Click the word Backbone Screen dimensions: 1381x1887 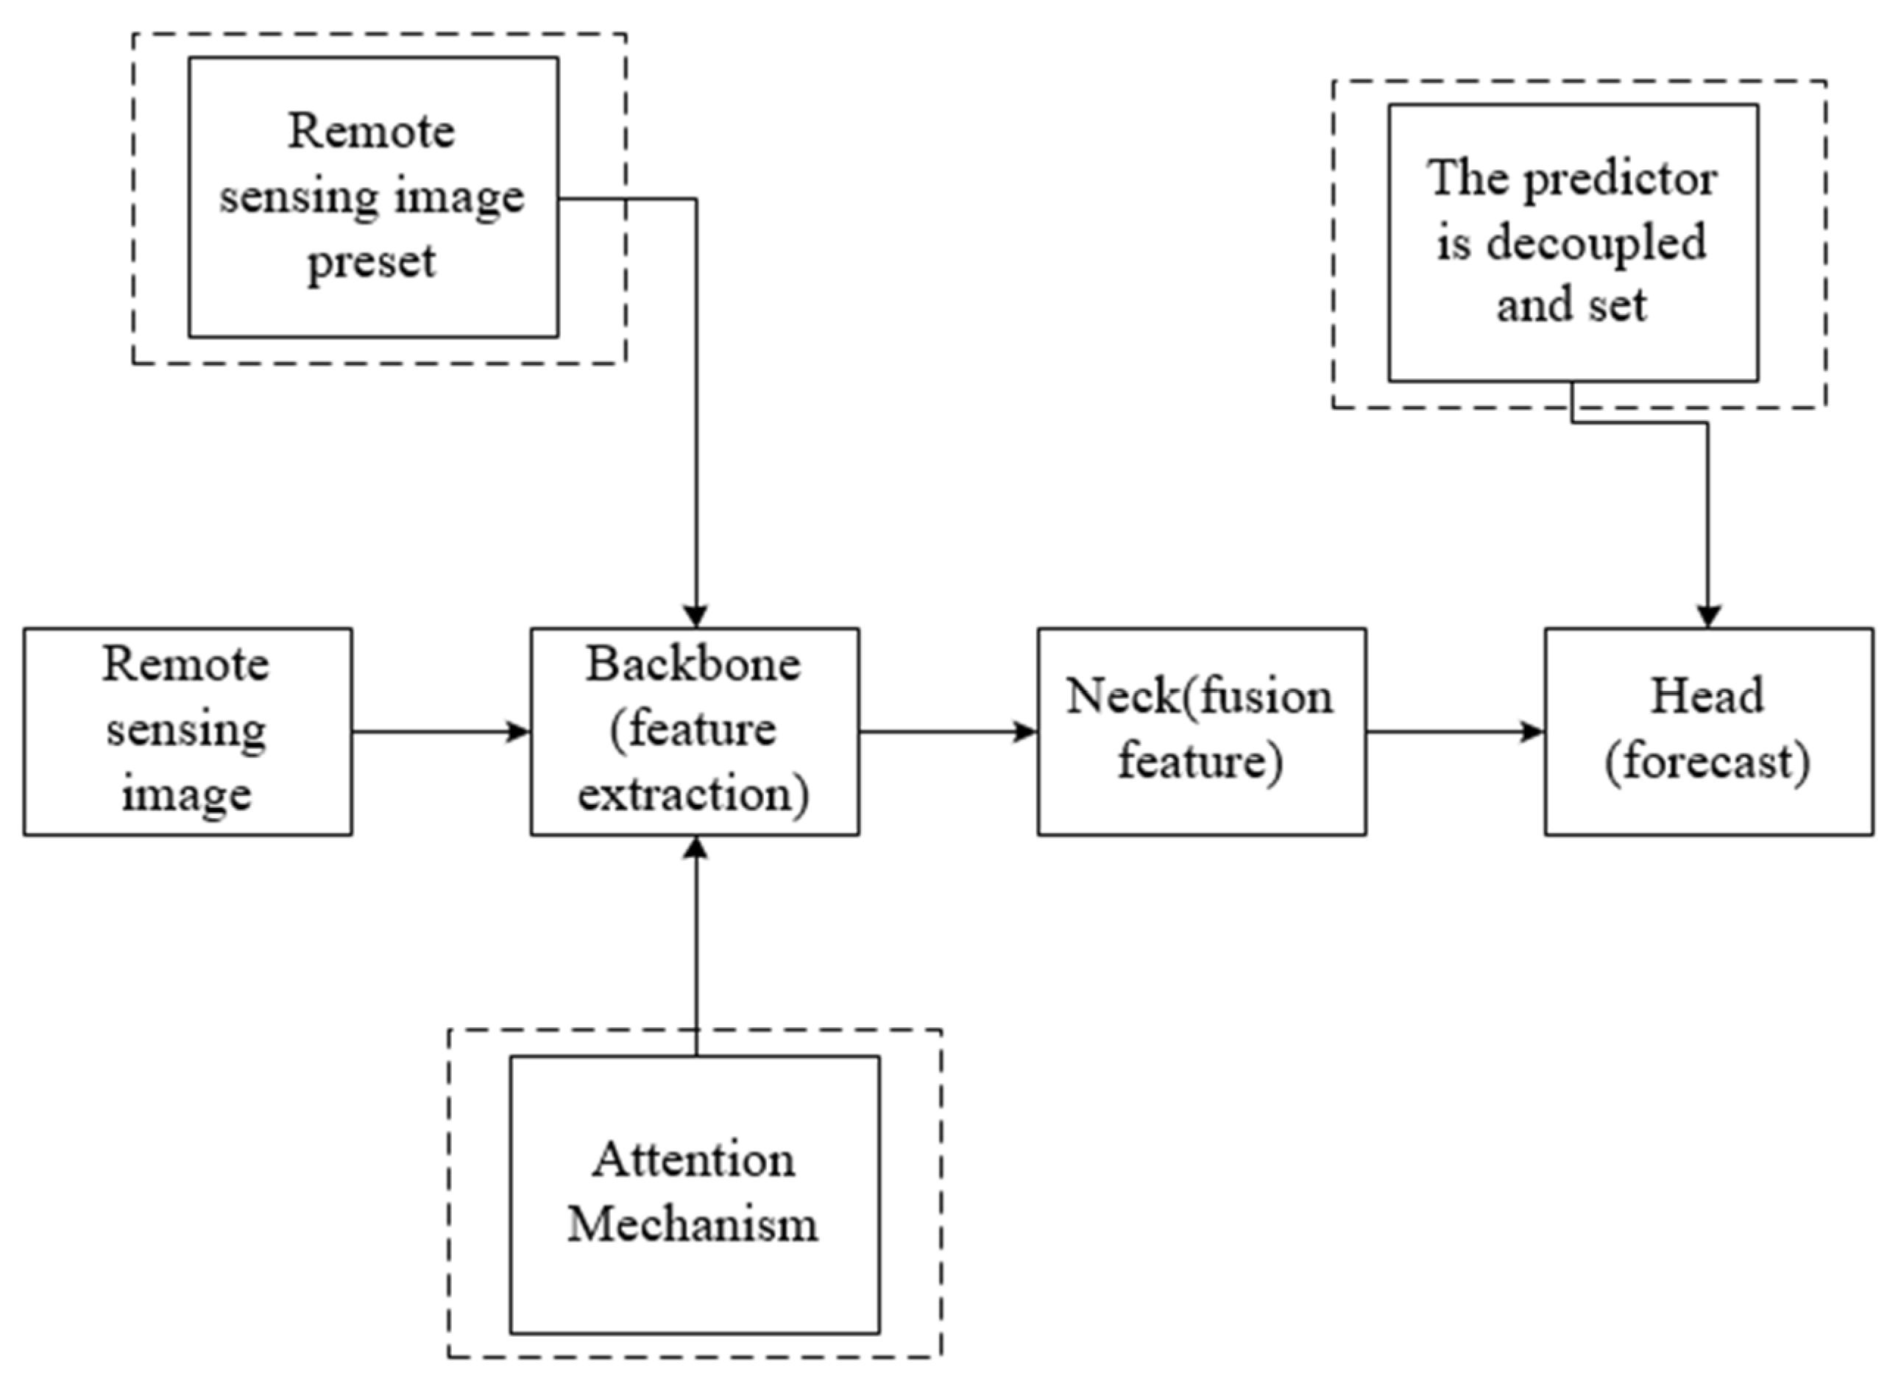click(693, 664)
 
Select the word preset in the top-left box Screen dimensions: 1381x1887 click(372, 263)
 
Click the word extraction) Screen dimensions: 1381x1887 click(693, 794)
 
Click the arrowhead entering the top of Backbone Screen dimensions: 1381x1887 click(695, 616)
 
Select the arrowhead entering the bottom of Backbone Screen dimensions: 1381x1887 click(695, 848)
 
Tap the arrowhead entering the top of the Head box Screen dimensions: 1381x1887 click(1707, 616)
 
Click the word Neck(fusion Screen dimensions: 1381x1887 click(1199, 695)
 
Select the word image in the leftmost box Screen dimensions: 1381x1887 click(186, 794)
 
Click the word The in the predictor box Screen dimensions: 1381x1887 click(1464, 178)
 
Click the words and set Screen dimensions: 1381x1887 click(1571, 305)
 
